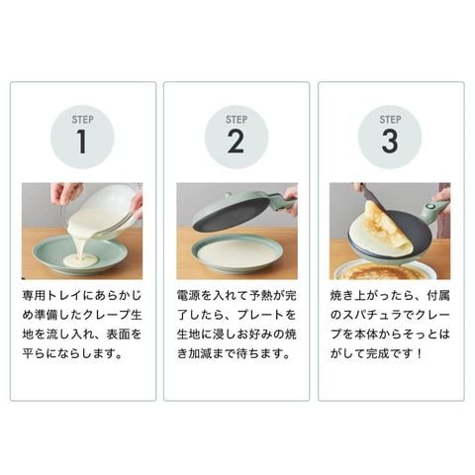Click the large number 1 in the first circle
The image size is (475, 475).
(82, 142)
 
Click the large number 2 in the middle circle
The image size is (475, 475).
(236, 142)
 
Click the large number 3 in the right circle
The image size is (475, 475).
(390, 142)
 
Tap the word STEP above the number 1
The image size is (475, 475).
(82, 120)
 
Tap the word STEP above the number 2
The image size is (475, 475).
(237, 120)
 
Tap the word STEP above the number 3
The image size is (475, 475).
(390, 120)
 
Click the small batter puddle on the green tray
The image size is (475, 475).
(81, 260)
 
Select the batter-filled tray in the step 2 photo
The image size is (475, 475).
(236, 255)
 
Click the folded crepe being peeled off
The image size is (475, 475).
(386, 228)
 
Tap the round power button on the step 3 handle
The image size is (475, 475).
(428, 207)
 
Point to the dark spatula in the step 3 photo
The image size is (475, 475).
(374, 198)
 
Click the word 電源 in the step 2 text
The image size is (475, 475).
(188, 295)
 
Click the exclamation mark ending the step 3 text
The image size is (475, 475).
(419, 354)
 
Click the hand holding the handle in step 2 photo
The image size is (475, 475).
(290, 201)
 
